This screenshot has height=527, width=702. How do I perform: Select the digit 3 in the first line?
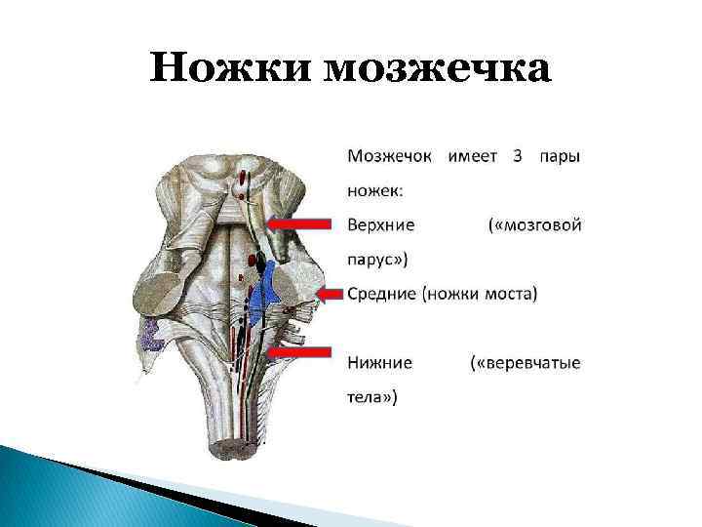click(x=518, y=155)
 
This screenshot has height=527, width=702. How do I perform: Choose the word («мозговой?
click(x=534, y=224)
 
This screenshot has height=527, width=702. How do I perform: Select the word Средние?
click(x=382, y=294)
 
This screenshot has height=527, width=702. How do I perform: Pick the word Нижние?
click(x=379, y=363)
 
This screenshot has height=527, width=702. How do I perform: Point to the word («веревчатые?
click(x=526, y=363)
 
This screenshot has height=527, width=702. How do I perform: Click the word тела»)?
click(x=372, y=397)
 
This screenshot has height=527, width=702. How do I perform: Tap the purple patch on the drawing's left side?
click(x=152, y=336)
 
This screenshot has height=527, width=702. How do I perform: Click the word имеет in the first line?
click(x=474, y=155)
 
